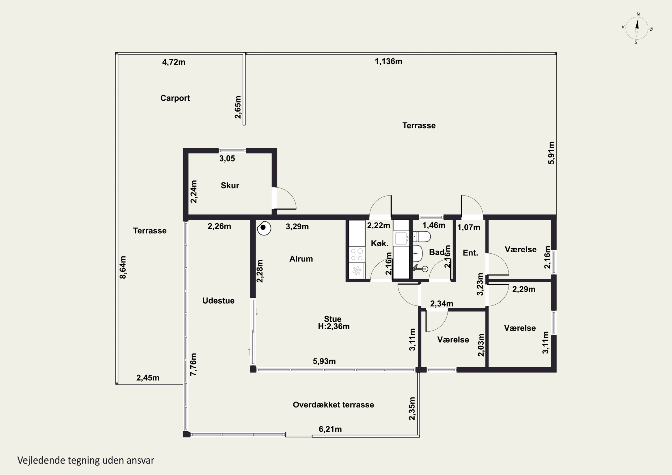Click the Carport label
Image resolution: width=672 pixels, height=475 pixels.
click(x=175, y=98)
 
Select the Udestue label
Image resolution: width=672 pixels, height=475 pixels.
click(x=218, y=301)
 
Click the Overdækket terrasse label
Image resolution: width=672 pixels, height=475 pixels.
click(x=333, y=405)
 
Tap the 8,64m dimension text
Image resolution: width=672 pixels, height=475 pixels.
click(x=123, y=267)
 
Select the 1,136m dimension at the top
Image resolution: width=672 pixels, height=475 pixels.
click(x=388, y=61)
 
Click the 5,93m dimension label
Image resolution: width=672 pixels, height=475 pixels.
click(x=324, y=361)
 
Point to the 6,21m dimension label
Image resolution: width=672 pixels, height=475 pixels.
click(x=330, y=429)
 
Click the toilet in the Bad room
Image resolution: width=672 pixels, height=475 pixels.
click(x=422, y=236)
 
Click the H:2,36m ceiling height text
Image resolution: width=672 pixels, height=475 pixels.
click(x=334, y=326)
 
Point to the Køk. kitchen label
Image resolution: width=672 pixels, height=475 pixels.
click(x=380, y=243)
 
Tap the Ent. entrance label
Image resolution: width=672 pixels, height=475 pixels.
click(x=470, y=253)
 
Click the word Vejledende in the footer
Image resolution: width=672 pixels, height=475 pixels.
click(x=41, y=460)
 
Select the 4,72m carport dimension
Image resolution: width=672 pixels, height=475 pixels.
click(x=174, y=62)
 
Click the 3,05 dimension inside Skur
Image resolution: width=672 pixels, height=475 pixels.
click(x=227, y=159)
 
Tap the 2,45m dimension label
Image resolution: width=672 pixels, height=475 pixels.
click(x=148, y=378)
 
